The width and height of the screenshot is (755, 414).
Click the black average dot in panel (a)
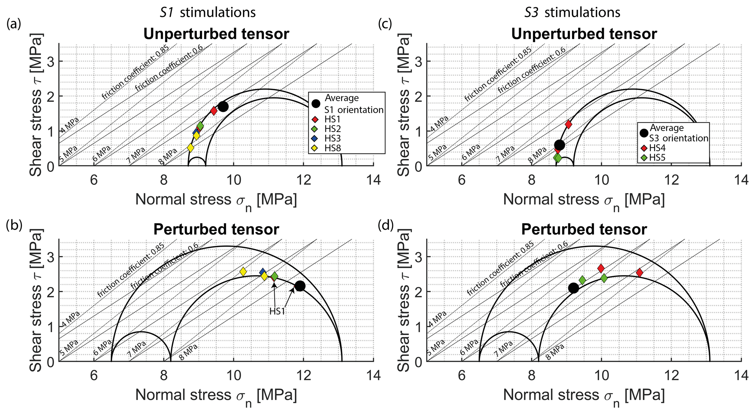click(x=223, y=106)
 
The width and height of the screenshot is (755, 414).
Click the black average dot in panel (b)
click(x=300, y=286)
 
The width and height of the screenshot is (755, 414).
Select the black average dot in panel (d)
click(x=573, y=288)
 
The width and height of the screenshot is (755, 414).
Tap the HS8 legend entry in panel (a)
click(x=332, y=148)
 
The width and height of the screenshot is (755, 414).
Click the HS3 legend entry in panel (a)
click(x=332, y=138)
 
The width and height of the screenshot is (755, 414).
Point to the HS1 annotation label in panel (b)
click(x=277, y=311)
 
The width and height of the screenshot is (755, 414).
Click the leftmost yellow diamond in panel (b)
click(x=243, y=272)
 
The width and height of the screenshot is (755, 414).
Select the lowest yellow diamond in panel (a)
click(x=190, y=148)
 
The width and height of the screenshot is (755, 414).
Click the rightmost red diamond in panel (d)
click(x=639, y=273)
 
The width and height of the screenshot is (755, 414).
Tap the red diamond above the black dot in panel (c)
click(x=568, y=124)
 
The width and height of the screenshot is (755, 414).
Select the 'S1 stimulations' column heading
click(x=208, y=12)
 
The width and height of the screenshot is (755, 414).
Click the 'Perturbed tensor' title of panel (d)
click(x=584, y=229)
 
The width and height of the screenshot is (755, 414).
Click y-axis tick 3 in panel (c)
click(x=419, y=61)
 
